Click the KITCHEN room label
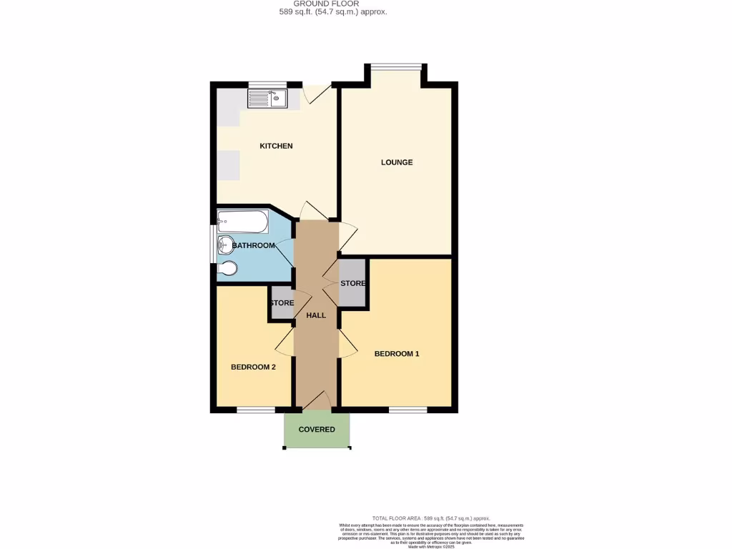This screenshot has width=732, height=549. click(276, 146)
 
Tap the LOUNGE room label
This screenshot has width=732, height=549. click(397, 162)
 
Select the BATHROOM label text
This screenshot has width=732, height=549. click(254, 246)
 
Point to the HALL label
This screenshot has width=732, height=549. click(316, 315)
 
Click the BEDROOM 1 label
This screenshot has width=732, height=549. click(397, 354)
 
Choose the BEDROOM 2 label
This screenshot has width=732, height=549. click(253, 367)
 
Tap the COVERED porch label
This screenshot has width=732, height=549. click(317, 430)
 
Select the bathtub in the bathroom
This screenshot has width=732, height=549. click(242, 221)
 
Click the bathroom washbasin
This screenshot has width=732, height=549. click(225, 244)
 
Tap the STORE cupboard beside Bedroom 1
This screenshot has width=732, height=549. click(353, 284)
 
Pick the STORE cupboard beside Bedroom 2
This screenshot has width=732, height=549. click(282, 303)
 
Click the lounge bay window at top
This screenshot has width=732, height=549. click(395, 67)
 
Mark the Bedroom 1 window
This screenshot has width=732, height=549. click(408, 410)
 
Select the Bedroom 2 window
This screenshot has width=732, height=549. click(256, 410)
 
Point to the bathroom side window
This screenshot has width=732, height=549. click(214, 244)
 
